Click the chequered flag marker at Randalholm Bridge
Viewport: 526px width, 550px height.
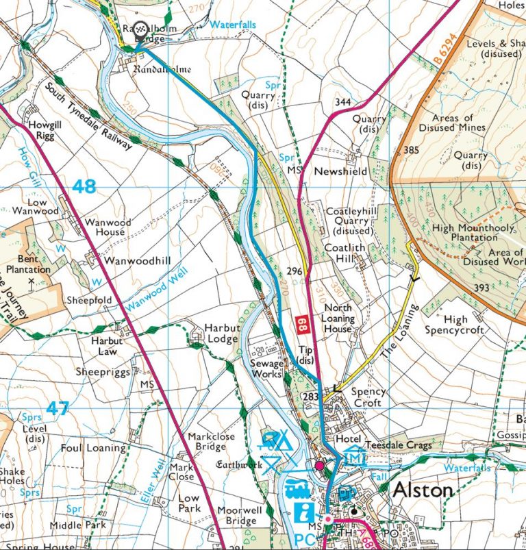pos(140,28)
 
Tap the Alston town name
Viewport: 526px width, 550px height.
pos(423,490)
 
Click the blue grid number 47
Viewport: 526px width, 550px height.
pos(58,409)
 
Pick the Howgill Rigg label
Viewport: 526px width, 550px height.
pos(47,131)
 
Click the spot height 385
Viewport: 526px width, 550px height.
pos(411,150)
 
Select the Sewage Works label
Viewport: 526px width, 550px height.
pos(266,369)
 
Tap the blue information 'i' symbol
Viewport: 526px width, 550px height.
pos(304,512)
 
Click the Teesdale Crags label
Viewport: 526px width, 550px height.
pos(401,445)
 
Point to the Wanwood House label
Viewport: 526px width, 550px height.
pos(105,227)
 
